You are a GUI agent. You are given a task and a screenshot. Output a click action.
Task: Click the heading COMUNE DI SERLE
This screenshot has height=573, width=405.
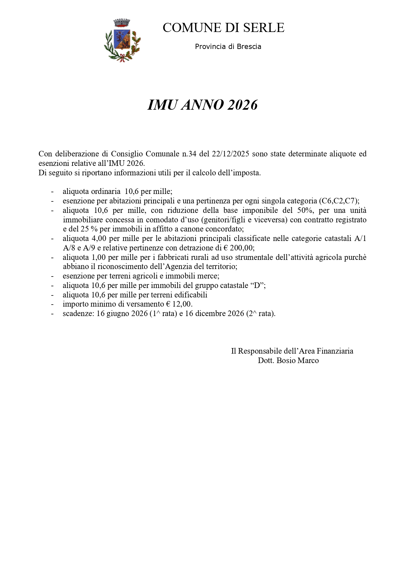[x=223, y=28]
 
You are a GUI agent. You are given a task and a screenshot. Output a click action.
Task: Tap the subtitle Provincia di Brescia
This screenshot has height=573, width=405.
[x=228, y=47]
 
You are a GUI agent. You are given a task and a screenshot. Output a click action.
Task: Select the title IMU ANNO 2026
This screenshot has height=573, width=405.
[x=202, y=105]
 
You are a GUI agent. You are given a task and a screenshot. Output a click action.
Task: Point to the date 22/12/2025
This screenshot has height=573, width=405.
[x=231, y=154]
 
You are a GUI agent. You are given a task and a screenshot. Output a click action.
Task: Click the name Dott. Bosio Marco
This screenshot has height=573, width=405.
[x=288, y=360]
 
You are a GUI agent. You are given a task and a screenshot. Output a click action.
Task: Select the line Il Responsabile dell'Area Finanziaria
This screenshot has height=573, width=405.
[x=292, y=351]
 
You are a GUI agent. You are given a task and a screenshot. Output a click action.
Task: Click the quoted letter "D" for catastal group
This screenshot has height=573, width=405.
[x=257, y=285]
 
